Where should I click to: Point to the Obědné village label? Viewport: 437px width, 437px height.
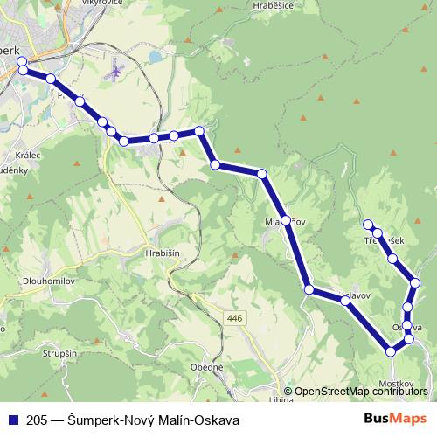click(207, 368)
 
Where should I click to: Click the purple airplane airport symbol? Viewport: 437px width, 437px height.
click(114, 69)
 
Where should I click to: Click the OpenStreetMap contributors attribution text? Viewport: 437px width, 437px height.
click(360, 392)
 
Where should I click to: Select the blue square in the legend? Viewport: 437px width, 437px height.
click(13, 420)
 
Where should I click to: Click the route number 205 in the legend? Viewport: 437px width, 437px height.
click(37, 420)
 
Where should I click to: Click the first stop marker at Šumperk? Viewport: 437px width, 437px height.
click(22, 62)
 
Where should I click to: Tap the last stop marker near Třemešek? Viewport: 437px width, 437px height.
click(368, 225)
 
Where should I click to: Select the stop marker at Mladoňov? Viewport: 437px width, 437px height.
click(286, 220)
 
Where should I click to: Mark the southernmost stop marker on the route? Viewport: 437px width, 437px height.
click(391, 351)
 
